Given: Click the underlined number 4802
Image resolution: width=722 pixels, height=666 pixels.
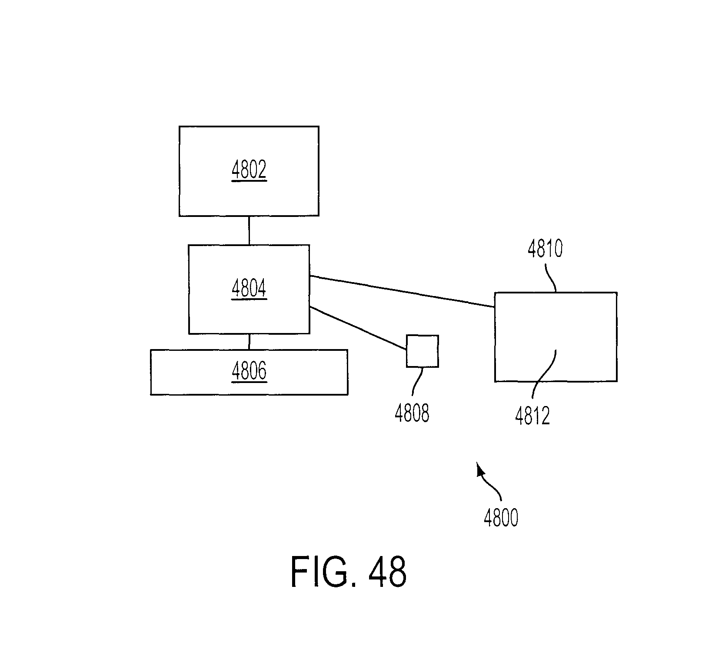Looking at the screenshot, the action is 249,170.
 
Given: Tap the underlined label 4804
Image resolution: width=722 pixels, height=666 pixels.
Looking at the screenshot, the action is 249,289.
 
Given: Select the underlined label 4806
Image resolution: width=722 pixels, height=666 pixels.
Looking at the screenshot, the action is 249,372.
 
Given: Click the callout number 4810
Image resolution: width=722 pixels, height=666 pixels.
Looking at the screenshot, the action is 545,249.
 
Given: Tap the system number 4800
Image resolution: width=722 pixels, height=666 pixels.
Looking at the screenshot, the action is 501,518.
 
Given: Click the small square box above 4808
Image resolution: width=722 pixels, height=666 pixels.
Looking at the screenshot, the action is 422,351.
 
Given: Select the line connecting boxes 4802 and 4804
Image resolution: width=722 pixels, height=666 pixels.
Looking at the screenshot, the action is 249,230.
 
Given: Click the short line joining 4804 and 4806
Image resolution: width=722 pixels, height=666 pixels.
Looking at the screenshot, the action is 249,342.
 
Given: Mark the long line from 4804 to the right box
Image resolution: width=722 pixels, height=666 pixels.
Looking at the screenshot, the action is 402,291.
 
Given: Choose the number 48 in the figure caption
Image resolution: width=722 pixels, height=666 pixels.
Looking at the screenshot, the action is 387,571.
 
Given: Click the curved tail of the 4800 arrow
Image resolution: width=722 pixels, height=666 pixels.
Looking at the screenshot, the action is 492,487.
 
